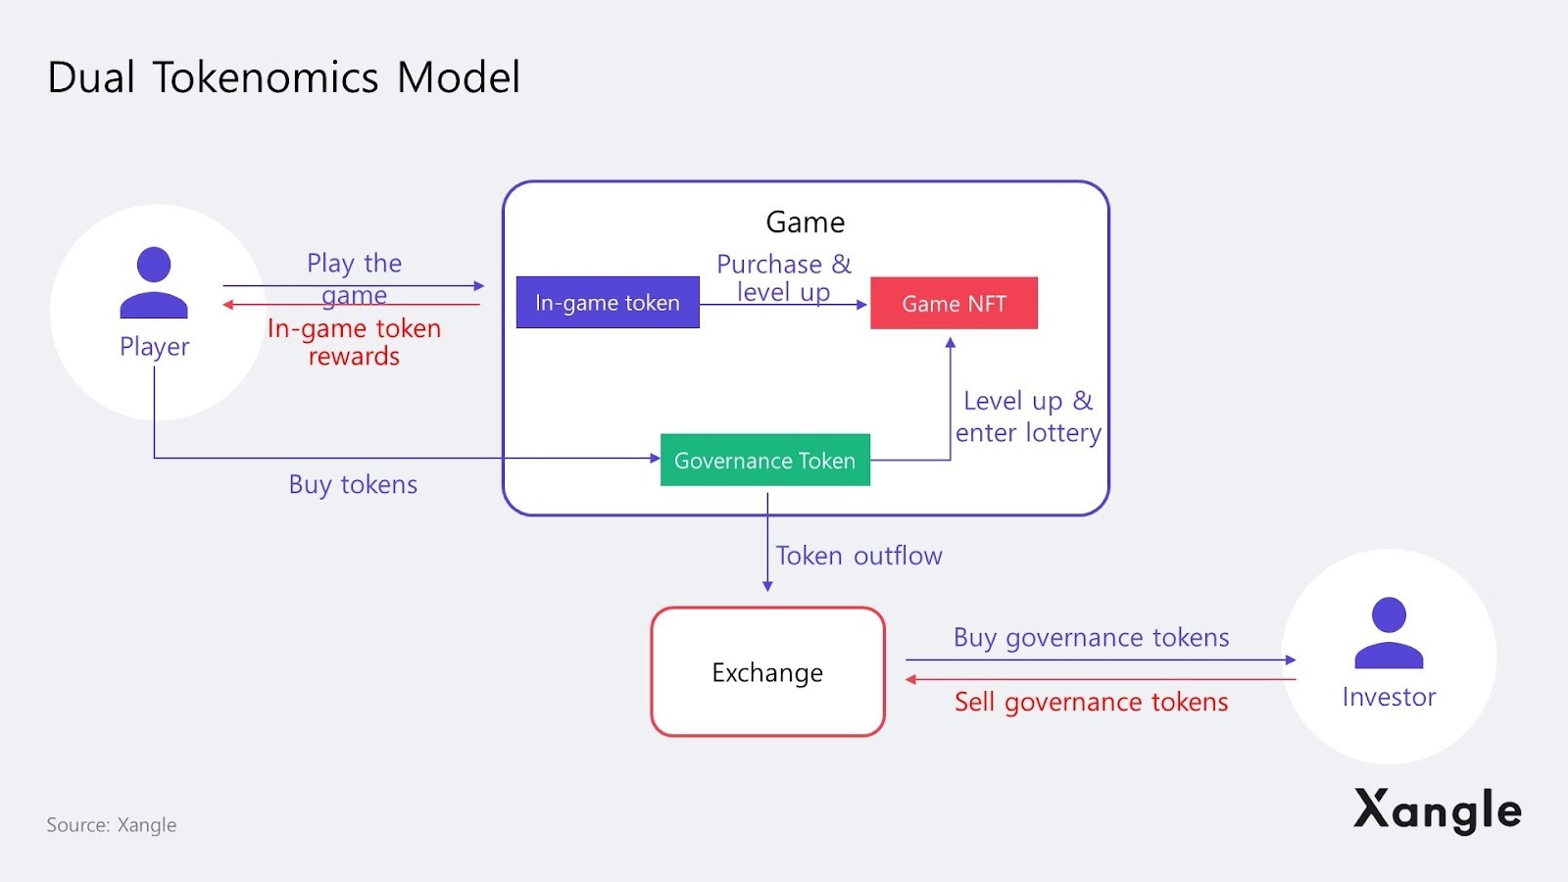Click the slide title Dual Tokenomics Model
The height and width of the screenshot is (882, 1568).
pyautogui.click(x=284, y=77)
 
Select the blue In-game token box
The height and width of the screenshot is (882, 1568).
pyautogui.click(x=608, y=303)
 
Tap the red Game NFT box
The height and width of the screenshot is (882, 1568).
pyautogui.click(x=954, y=304)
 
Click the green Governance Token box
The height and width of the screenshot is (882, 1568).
pyautogui.click(x=764, y=461)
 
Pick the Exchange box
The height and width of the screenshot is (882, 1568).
pyautogui.click(x=767, y=672)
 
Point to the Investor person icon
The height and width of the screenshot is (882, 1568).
pyautogui.click(x=1389, y=633)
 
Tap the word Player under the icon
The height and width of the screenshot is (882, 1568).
pyautogui.click(x=154, y=347)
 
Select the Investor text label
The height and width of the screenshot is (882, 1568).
pyautogui.click(x=1389, y=697)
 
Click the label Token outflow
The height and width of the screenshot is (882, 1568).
pyautogui.click(x=858, y=556)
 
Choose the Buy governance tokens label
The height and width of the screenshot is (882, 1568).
pyautogui.click(x=1091, y=638)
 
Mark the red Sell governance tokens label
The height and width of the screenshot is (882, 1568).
pyautogui.click(x=1091, y=702)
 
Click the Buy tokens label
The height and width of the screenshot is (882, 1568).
pyautogui.click(x=353, y=484)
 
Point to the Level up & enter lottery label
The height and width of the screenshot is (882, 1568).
pyautogui.click(x=1028, y=416)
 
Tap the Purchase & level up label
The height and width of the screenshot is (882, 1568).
pyautogui.click(x=784, y=278)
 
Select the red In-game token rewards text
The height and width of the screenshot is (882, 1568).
pyautogui.click(x=354, y=342)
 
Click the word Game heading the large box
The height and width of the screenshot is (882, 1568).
pyautogui.click(x=806, y=222)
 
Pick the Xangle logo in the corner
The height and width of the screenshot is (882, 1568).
pyautogui.click(x=1437, y=809)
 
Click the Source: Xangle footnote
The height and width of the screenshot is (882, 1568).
pyautogui.click(x=112, y=825)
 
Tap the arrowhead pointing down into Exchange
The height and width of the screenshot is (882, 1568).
pyautogui.click(x=767, y=586)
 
